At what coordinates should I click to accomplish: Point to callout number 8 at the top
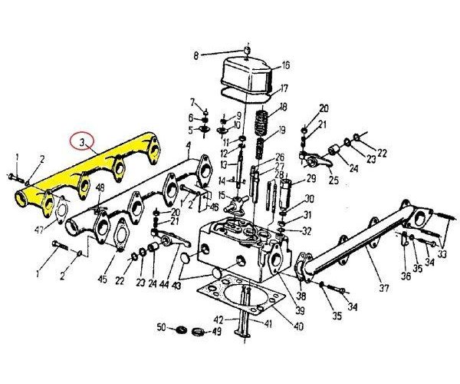click(195, 55)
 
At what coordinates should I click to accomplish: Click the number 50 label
click(162, 328)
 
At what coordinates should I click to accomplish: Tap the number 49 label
click(217, 332)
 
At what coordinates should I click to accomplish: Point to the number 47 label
click(39, 230)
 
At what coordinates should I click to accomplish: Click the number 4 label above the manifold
click(188, 145)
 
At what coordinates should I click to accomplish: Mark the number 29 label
click(311, 178)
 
